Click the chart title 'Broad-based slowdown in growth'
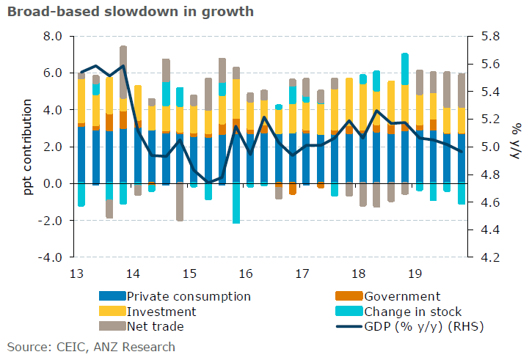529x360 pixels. [x=131, y=12]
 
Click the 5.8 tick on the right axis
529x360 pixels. [x=490, y=36]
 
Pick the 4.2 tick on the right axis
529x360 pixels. [x=490, y=257]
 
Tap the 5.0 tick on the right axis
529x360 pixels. [x=490, y=147]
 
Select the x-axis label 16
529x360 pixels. [x=244, y=273]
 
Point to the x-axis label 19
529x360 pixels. [x=414, y=273]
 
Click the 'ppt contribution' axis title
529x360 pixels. [x=28, y=147]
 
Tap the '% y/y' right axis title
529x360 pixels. [x=516, y=147]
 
